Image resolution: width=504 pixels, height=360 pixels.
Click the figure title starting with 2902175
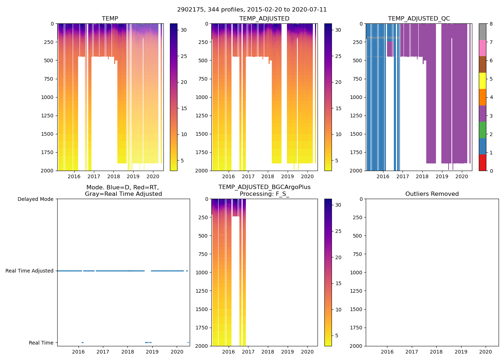(252, 10)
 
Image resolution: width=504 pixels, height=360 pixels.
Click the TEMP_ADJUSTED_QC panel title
(419, 18)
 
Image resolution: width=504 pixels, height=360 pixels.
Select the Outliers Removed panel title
(432, 194)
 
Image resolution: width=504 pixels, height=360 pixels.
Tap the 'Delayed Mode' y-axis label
(35, 199)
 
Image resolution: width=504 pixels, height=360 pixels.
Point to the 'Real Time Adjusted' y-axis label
(29, 271)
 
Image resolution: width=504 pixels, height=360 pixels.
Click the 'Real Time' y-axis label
(41, 343)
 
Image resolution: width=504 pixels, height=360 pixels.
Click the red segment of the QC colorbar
(482, 162)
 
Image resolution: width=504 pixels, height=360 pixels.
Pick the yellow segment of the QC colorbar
(482, 81)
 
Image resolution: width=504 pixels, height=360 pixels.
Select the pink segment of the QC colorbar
(482, 48)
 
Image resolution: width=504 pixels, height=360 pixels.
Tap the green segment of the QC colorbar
(482, 130)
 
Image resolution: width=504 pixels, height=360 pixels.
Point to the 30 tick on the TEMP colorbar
(184, 30)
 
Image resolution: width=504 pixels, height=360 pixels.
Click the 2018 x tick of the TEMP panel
(113, 176)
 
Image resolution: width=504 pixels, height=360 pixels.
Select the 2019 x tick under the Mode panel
(152, 352)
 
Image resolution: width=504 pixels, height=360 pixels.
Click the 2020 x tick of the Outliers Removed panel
(486, 352)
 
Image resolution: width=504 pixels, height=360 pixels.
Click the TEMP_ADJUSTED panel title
(264, 18)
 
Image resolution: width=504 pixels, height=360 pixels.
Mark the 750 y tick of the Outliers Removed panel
(356, 254)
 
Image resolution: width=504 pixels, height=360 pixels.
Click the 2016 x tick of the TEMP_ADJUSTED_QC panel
(383, 176)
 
